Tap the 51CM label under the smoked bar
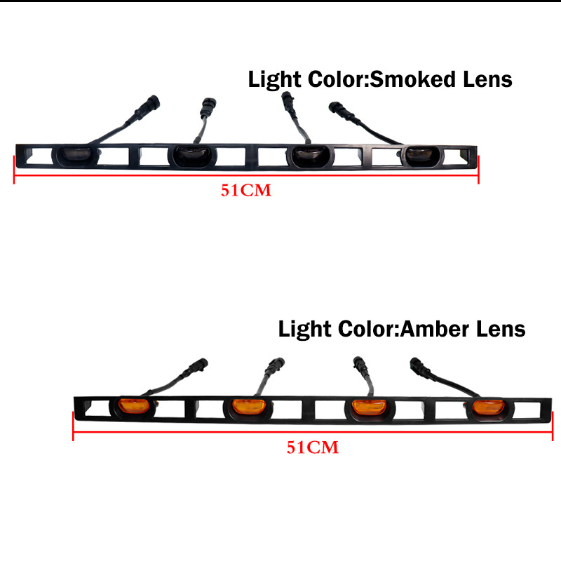(x=245, y=190)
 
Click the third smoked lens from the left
(x=308, y=155)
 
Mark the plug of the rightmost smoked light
(x=339, y=111)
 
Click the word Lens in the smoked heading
(x=483, y=79)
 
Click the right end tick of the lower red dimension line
(x=550, y=426)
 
